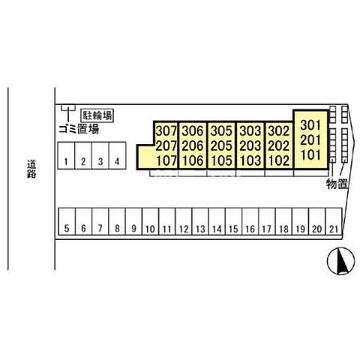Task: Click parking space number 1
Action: (x=66, y=155)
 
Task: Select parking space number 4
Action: (x=117, y=155)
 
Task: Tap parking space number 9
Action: (x=133, y=221)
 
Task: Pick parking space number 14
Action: (x=217, y=221)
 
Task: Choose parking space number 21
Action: (x=334, y=221)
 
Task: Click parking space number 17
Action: (x=267, y=221)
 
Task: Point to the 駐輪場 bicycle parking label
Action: (x=97, y=115)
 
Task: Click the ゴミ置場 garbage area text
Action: (x=79, y=129)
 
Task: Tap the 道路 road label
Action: (x=31, y=169)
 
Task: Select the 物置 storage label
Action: (x=337, y=184)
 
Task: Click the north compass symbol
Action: (x=341, y=261)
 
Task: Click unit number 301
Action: (x=310, y=125)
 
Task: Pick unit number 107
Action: (x=166, y=160)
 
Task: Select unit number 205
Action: (x=221, y=146)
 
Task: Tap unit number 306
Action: (x=193, y=130)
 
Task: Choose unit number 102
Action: (x=279, y=160)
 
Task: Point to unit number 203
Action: (x=250, y=146)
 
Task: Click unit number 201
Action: (x=310, y=140)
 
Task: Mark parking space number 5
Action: (x=67, y=221)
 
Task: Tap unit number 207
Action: (x=166, y=146)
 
